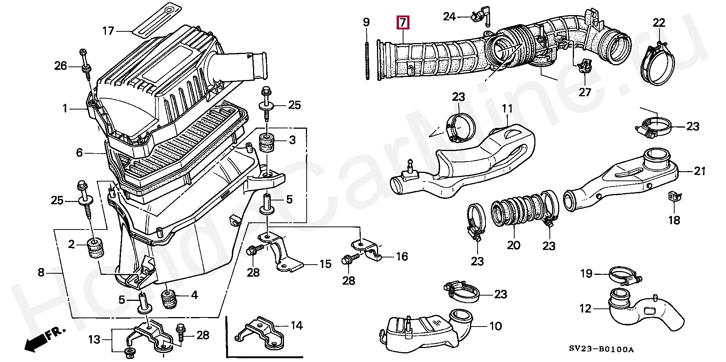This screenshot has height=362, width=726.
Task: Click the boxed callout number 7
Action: (403, 23)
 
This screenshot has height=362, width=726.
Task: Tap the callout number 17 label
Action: (108, 31)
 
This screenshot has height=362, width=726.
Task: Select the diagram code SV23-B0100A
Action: (601, 349)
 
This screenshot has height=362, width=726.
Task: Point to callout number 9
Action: (366, 22)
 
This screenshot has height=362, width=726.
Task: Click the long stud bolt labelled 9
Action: (367, 60)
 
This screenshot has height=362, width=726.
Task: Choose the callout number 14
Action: (297, 325)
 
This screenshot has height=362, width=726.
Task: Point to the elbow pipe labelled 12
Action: (643, 313)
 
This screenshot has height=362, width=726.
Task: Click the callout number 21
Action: (700, 171)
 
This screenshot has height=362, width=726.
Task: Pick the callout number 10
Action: (495, 326)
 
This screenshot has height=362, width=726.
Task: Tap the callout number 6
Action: (79, 153)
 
